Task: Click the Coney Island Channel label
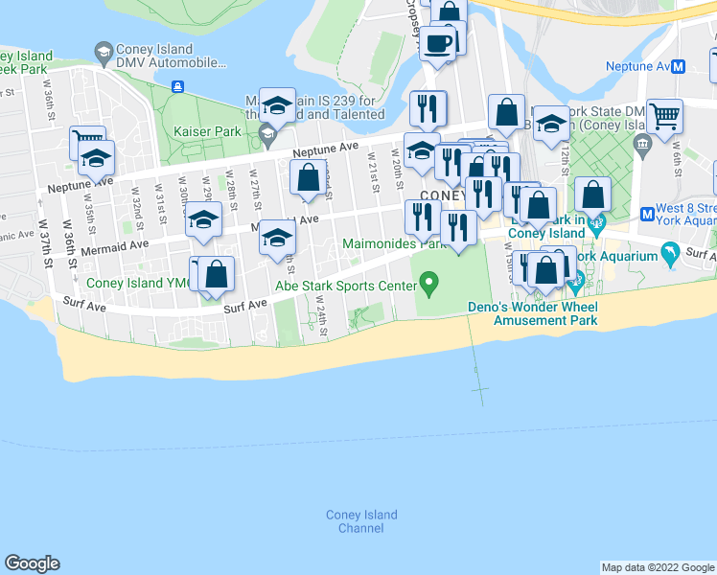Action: coord(361,521)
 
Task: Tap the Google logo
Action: coord(32,563)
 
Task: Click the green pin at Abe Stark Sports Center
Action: coord(429,283)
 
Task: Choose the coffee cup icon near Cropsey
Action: coord(438,42)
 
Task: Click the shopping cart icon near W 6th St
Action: coord(664,116)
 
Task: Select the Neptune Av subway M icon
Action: coord(679,67)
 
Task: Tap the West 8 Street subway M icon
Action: coord(647,213)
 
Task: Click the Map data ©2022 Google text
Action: coord(658,567)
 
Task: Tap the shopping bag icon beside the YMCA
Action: coord(218,274)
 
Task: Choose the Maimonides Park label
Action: coord(395,244)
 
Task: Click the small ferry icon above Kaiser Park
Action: coord(177,86)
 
